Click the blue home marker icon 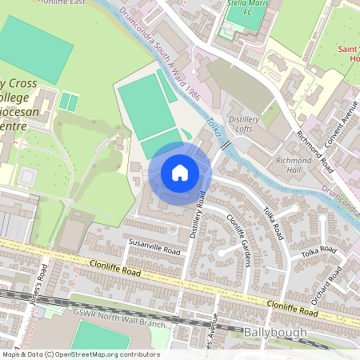coord(180,173)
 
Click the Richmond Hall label coord(294,166)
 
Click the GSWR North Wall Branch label coord(121,313)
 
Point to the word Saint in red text coord(347,50)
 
